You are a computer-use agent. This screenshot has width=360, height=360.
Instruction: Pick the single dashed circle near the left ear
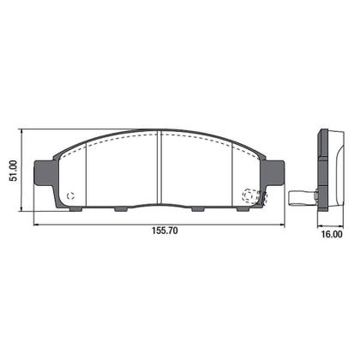click(72, 195)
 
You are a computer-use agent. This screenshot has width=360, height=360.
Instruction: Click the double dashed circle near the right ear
click(251, 196)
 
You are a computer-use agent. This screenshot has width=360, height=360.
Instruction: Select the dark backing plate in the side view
click(324, 167)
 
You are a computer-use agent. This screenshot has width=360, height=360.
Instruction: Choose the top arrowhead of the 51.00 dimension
click(23, 131)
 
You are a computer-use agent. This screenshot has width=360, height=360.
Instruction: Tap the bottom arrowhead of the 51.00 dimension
click(23, 207)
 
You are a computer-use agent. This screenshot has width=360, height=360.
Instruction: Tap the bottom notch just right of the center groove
click(198, 207)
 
